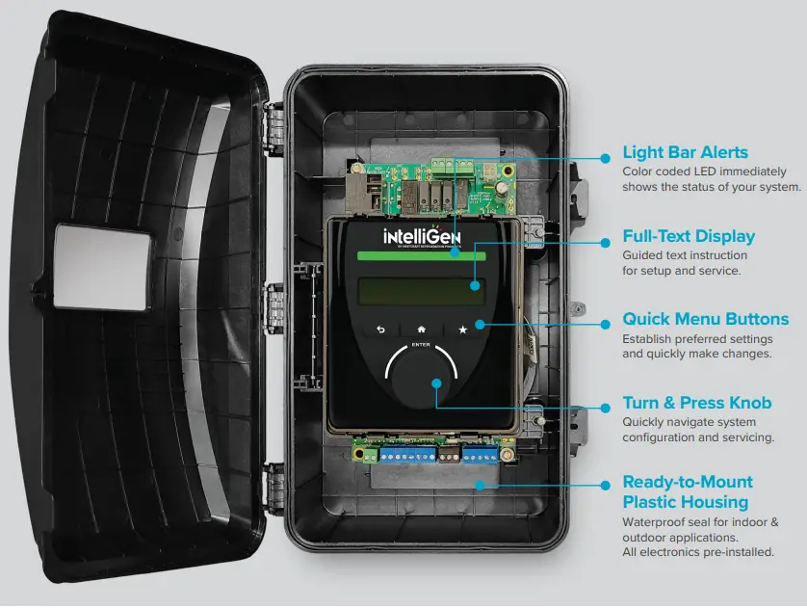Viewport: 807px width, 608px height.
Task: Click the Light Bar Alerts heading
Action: click(x=685, y=152)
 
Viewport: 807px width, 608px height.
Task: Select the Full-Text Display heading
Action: click(x=688, y=236)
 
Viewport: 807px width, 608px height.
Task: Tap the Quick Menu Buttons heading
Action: click(x=705, y=319)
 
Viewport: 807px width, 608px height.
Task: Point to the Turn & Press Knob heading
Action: click(x=696, y=403)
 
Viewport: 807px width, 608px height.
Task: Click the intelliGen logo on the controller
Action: click(x=423, y=235)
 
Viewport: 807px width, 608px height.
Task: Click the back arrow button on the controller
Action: click(x=380, y=330)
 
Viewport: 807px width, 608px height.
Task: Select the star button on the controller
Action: click(x=462, y=330)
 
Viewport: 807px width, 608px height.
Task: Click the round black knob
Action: click(x=421, y=386)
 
